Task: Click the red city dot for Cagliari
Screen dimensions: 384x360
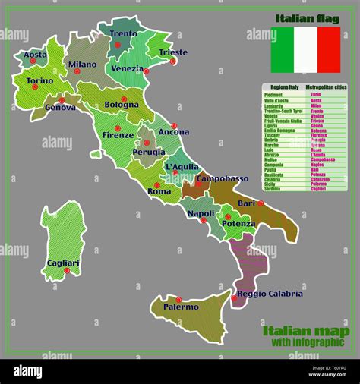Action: pos(66,270)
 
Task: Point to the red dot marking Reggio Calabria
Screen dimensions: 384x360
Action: pos(234,299)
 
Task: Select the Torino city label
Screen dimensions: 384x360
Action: pos(39,80)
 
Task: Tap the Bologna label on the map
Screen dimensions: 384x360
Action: pos(122,105)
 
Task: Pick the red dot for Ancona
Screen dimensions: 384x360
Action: pos(174,126)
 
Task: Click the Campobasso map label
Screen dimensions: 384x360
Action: pos(223,178)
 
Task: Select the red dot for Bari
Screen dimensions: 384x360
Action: pos(261,203)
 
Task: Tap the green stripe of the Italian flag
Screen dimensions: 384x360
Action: pos(283,50)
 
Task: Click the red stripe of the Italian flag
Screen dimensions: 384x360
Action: pos(329,50)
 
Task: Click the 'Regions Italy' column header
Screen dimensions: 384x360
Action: pos(282,88)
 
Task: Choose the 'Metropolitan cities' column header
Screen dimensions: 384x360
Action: pos(327,88)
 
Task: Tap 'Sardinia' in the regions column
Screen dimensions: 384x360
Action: pos(274,189)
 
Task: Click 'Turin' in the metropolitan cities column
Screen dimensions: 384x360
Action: pos(315,94)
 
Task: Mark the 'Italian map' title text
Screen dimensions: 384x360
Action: pos(306,331)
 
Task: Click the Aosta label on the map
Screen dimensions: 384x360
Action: pos(35,55)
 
